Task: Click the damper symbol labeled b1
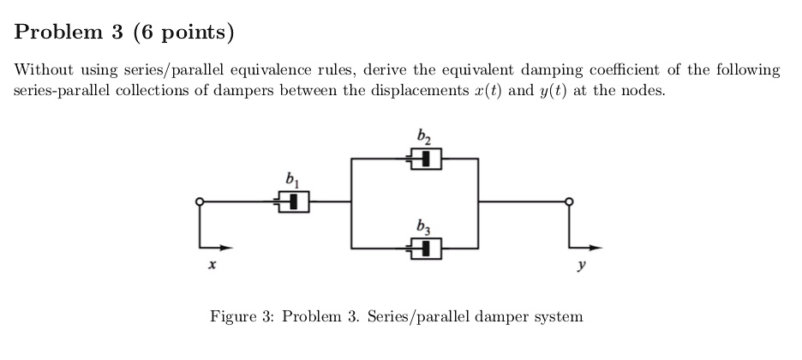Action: (x=291, y=202)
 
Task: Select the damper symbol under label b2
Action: (x=424, y=159)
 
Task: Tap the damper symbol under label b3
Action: (x=424, y=249)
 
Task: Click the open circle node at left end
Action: (x=200, y=202)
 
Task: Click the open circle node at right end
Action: (x=568, y=202)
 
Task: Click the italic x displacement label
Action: (x=210, y=267)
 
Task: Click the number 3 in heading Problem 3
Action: (x=120, y=33)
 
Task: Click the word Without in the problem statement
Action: (x=43, y=70)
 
